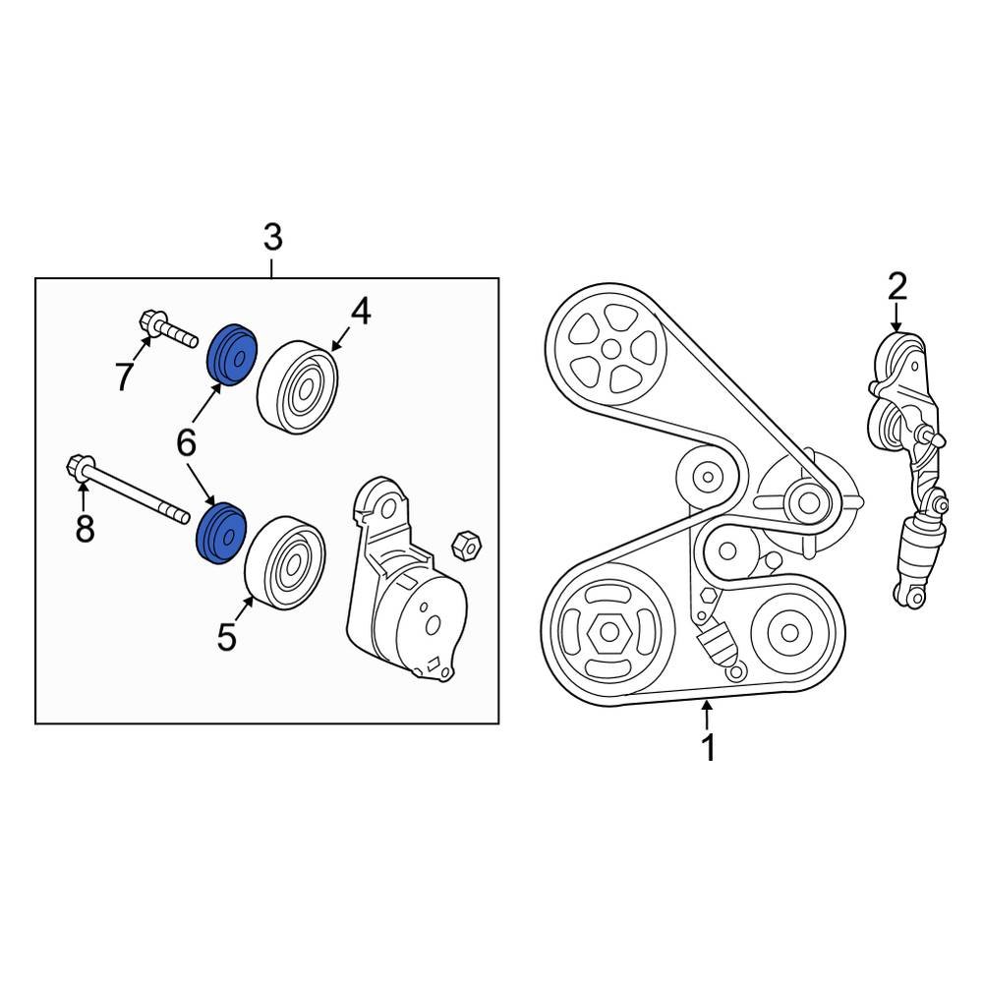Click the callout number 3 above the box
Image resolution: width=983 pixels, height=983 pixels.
point(272,237)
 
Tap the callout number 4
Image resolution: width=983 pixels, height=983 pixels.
point(361,312)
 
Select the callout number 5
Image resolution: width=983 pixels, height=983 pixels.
point(227,638)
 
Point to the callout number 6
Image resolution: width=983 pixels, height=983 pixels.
point(186,443)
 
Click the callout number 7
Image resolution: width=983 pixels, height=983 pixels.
point(124,376)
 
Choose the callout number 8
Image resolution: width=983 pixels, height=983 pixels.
point(86,528)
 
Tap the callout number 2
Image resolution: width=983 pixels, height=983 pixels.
point(896,286)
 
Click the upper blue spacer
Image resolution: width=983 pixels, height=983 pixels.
point(233,354)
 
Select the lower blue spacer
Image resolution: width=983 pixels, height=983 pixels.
point(221,535)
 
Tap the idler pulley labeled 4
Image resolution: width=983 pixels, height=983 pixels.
point(298,386)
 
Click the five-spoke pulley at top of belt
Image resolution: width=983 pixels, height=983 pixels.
point(608,348)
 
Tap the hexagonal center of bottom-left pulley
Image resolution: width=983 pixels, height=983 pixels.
point(604,635)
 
